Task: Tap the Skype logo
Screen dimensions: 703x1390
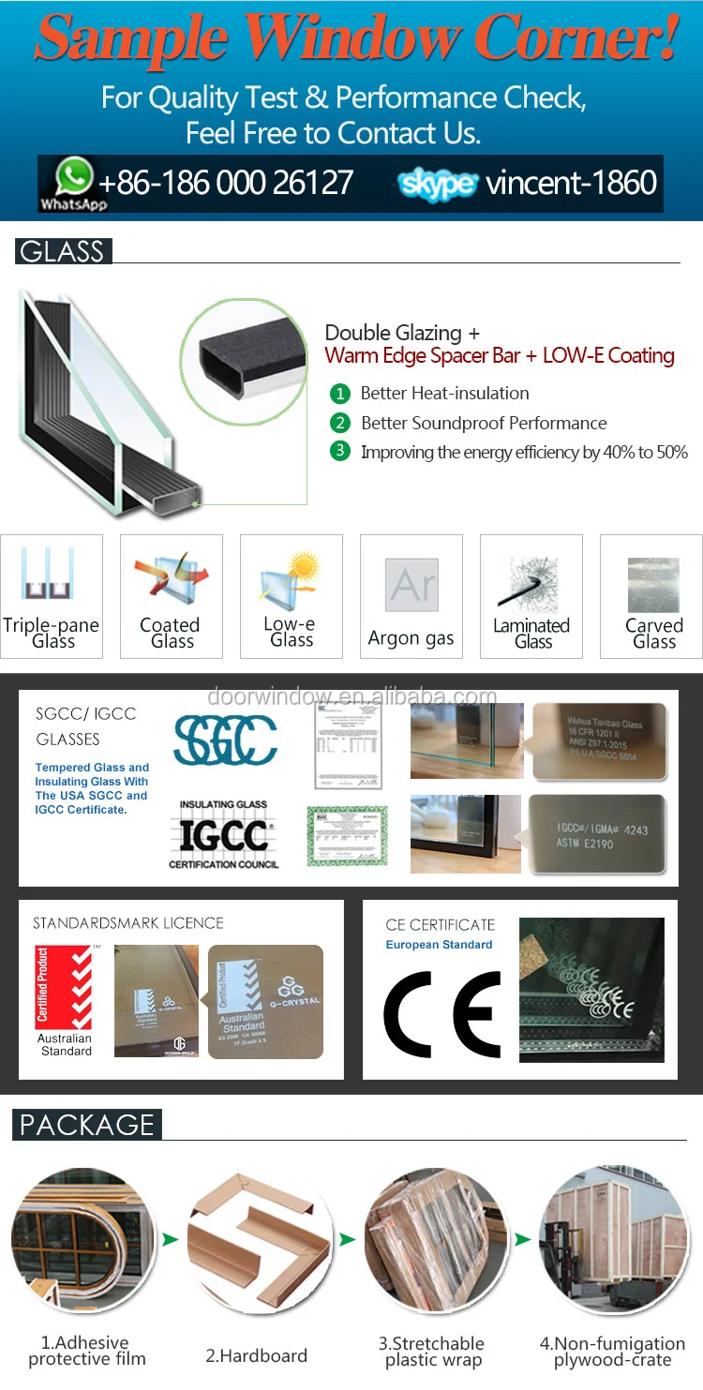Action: click(438, 184)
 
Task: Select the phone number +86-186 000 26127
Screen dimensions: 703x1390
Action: click(226, 183)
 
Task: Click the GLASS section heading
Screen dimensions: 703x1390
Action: click(63, 251)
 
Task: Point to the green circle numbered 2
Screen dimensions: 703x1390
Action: click(340, 423)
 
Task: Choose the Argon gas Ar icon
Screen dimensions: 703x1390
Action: click(411, 586)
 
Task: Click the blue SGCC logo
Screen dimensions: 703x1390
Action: click(225, 740)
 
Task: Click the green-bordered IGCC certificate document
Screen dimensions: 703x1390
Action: click(347, 835)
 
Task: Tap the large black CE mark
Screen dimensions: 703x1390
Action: click(442, 1014)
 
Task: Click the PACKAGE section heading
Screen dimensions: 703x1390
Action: click(87, 1125)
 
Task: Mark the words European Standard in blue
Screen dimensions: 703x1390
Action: click(439, 945)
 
